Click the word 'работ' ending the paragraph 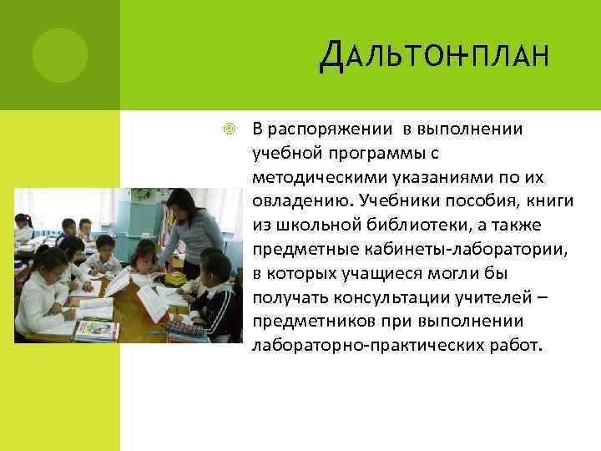click(518, 345)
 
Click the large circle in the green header click(60, 55)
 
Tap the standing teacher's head click(181, 202)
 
